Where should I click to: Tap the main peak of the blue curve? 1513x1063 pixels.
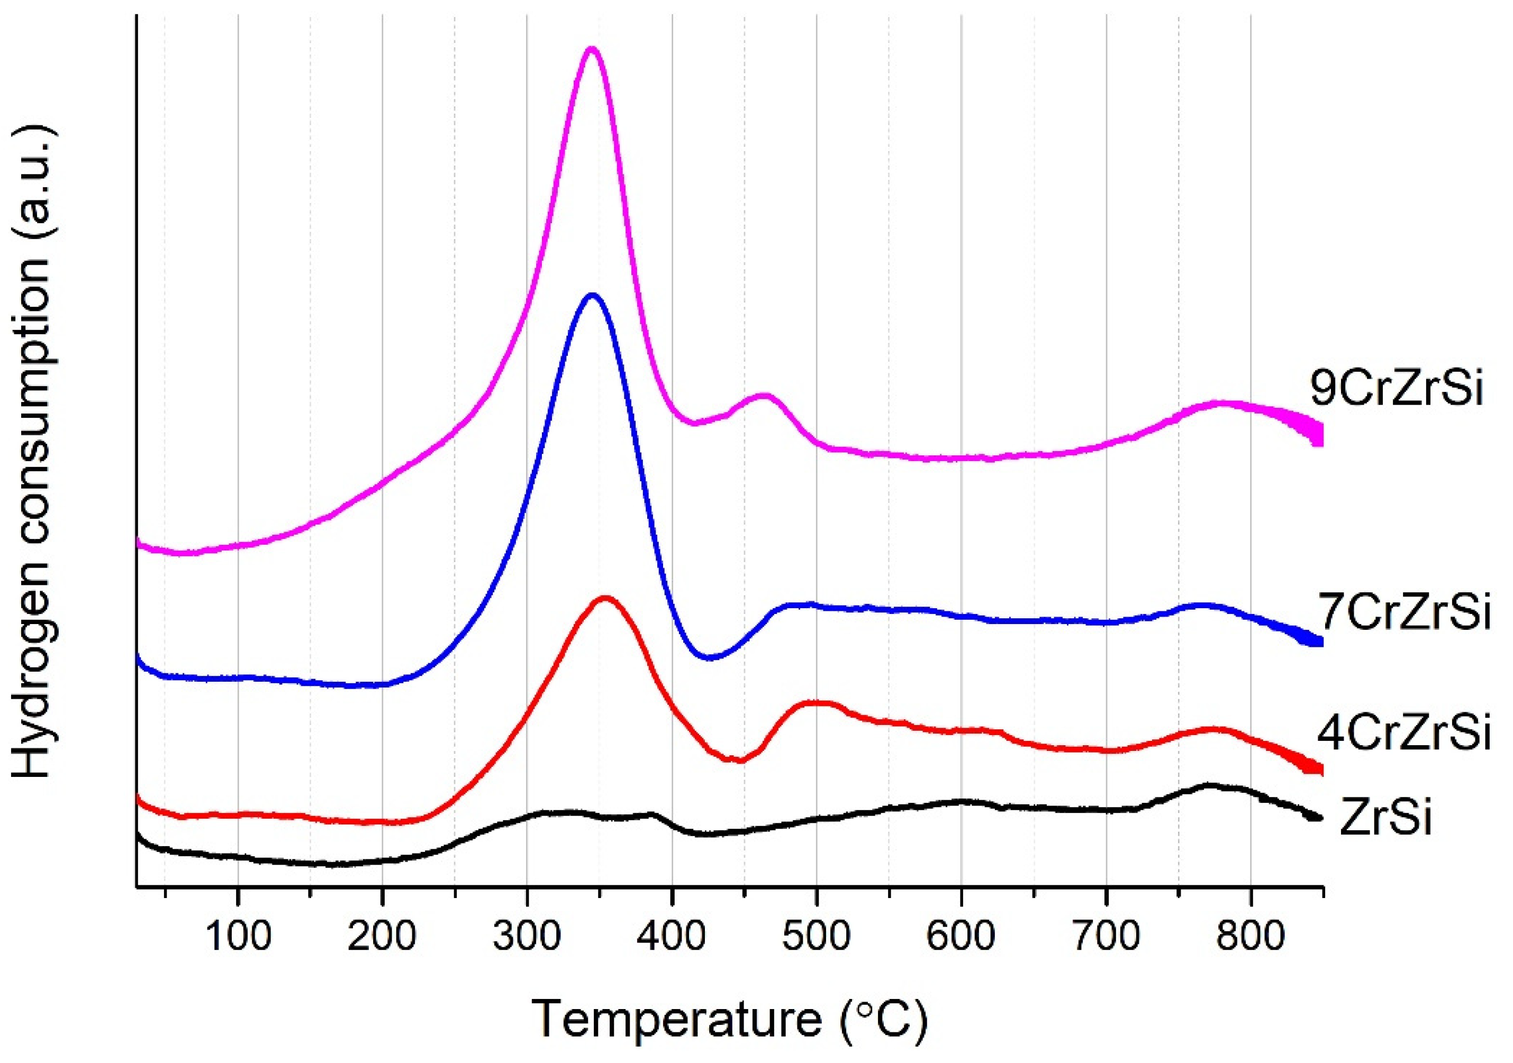pos(592,295)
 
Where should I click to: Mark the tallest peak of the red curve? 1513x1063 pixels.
pos(604,598)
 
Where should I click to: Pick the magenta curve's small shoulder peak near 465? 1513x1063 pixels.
pos(764,395)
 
